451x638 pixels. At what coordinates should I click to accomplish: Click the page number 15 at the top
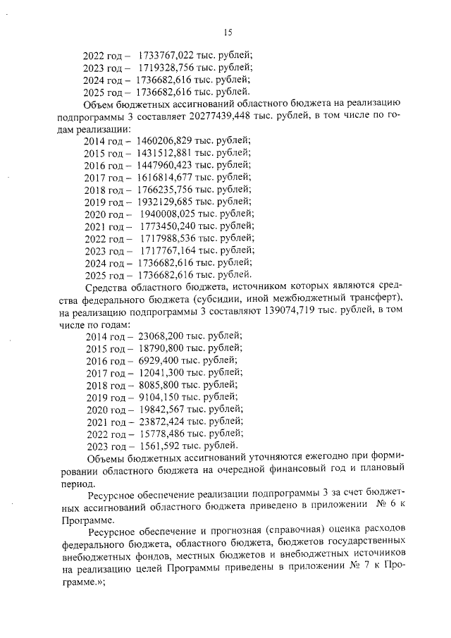(x=228, y=31)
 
